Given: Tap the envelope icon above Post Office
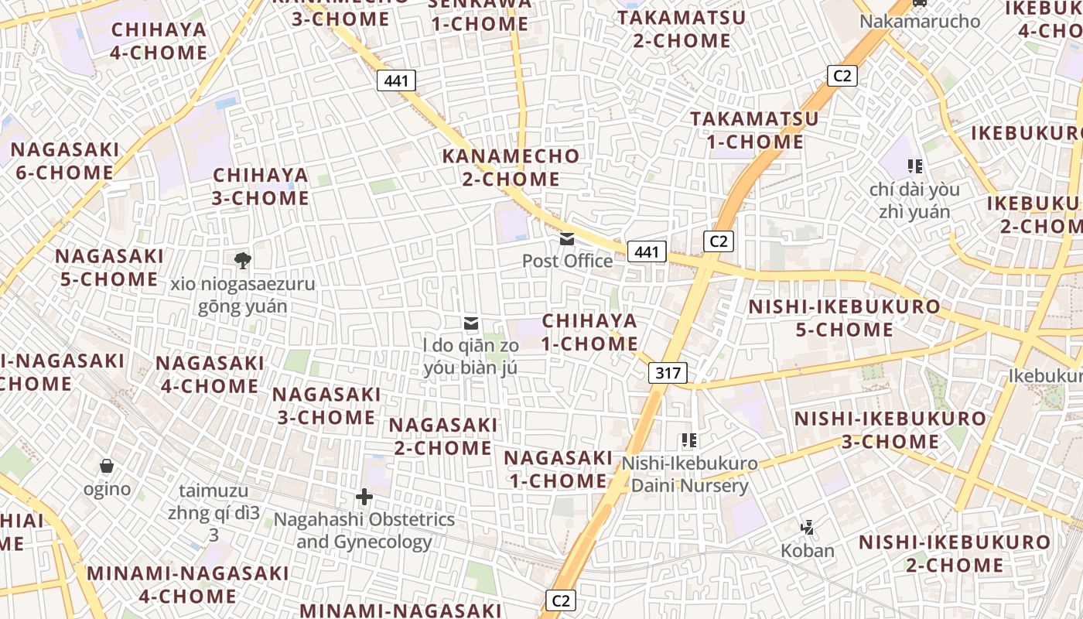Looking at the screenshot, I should click(x=567, y=240).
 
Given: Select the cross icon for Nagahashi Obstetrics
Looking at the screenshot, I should click(x=364, y=496).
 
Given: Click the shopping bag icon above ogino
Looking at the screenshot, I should click(x=107, y=466).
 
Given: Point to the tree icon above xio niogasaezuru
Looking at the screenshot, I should click(x=243, y=261).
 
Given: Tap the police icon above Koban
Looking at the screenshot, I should click(x=807, y=528).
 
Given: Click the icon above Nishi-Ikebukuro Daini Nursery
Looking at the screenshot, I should click(x=689, y=441).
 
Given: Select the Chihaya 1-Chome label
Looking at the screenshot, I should click(x=589, y=332).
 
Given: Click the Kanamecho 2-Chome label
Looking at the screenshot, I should click(x=511, y=167).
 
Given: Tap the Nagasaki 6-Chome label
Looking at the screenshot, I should click(x=64, y=160).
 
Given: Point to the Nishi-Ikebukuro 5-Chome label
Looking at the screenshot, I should click(x=844, y=318).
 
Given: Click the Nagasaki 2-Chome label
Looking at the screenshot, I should click(x=442, y=436).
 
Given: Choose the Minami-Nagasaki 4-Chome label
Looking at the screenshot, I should click(x=188, y=585).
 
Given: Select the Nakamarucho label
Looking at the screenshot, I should click(x=920, y=21).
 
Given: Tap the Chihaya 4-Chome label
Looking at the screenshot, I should click(x=159, y=41).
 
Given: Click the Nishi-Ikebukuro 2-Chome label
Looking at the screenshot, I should click(x=955, y=553).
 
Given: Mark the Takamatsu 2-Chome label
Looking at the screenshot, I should click(x=682, y=29).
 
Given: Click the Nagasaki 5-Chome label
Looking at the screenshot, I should click(x=109, y=267).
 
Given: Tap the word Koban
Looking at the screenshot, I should click(x=807, y=551).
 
